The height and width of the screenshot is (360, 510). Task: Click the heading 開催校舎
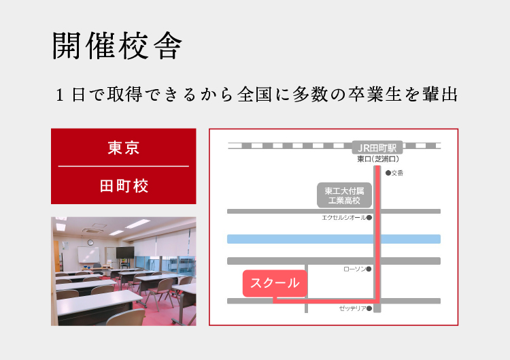point(117,46)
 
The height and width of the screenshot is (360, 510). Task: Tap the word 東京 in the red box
point(124,148)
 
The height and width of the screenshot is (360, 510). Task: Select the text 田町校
point(124,186)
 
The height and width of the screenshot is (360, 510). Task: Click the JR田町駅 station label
point(377,148)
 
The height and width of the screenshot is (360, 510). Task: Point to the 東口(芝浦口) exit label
point(378,159)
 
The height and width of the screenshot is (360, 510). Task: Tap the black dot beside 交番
point(388,173)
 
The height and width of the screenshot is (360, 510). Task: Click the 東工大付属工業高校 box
point(345,195)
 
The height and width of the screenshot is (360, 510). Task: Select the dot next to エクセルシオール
point(369,218)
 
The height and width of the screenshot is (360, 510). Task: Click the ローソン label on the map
point(354,269)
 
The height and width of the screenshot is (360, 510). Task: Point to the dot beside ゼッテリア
point(369,308)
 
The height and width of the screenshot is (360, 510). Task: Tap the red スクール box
point(275,283)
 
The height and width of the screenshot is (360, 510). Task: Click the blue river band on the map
point(334,239)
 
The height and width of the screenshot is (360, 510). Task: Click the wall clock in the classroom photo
point(90,242)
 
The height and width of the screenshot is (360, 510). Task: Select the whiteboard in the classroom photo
point(88,255)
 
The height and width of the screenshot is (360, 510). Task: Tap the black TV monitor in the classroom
point(125,252)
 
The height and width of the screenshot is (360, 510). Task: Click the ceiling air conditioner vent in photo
point(93,231)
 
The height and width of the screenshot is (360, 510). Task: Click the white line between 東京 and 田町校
point(124,166)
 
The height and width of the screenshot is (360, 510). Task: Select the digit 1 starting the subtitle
point(60,95)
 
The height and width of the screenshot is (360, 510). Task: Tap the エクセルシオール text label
point(343,218)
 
